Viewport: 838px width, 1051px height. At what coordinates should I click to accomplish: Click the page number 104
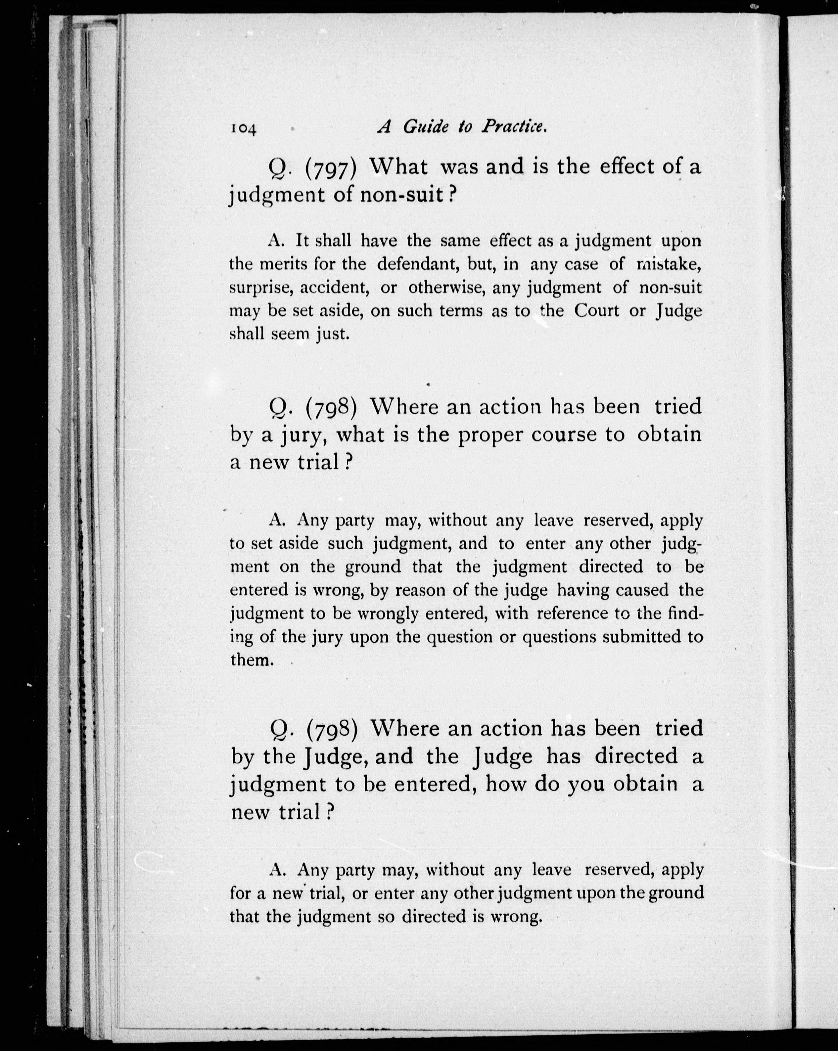coord(243,128)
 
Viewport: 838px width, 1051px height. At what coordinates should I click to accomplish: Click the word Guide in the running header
coord(425,127)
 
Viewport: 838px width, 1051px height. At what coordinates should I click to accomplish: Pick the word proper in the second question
coord(489,435)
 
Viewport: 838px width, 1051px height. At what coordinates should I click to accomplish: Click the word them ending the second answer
coord(249,660)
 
